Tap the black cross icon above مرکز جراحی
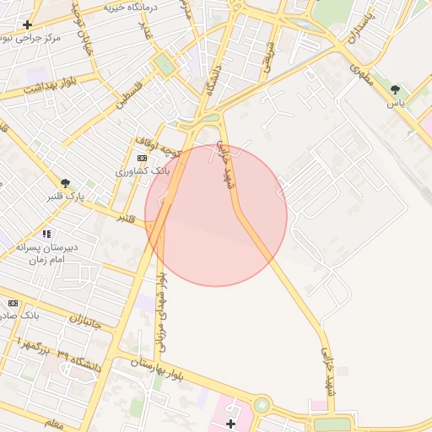pyautogui.click(x=28, y=24)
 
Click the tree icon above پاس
pyautogui.click(x=395, y=89)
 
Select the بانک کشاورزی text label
pyautogui.click(x=143, y=170)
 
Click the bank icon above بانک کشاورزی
pyautogui.click(x=142, y=158)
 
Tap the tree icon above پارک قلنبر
pyautogui.click(x=65, y=182)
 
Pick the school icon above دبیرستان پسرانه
pyautogui.click(x=46, y=234)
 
